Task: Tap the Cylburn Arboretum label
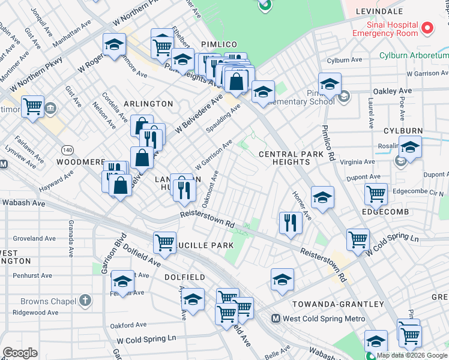point(414,56)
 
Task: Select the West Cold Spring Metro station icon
point(276,319)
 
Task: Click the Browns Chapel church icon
point(85,300)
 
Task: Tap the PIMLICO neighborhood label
point(219,44)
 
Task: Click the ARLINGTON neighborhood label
point(148,104)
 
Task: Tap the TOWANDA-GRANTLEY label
point(338,304)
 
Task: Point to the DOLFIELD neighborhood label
point(185,277)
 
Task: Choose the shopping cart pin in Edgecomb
point(376,194)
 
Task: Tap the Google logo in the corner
point(20,353)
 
